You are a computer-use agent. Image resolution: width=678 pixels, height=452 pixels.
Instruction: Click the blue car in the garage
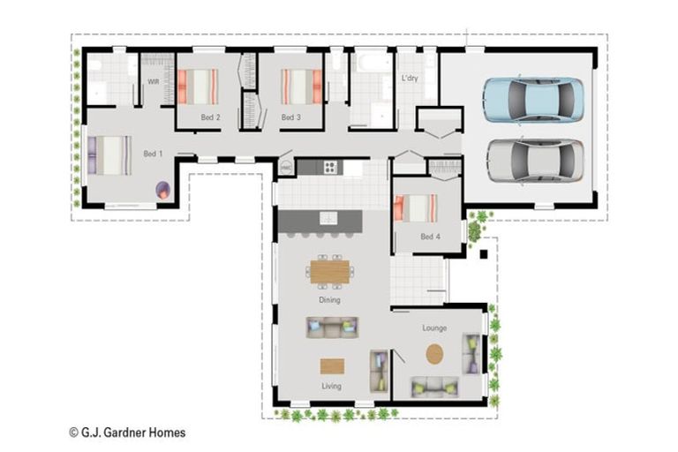click(x=533, y=101)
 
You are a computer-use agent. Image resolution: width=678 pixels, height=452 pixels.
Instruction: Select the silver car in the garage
click(x=536, y=162)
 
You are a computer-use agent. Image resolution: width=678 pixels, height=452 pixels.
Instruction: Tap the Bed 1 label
click(x=153, y=154)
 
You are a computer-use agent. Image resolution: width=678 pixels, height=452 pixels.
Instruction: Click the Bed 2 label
click(x=211, y=117)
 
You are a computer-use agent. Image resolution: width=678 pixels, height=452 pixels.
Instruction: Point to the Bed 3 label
click(x=291, y=117)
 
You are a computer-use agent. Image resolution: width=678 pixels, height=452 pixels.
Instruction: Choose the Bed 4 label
click(x=430, y=237)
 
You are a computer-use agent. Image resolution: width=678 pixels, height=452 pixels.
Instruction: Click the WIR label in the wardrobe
click(x=154, y=81)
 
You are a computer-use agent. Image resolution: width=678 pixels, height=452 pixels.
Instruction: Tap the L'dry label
click(x=410, y=79)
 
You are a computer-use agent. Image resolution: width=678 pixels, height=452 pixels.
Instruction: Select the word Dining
click(x=329, y=300)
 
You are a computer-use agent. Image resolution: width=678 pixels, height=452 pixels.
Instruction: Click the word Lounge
click(x=434, y=328)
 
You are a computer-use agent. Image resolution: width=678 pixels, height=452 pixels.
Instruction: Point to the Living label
click(x=331, y=386)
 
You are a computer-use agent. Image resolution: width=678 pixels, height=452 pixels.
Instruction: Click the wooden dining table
click(x=330, y=272)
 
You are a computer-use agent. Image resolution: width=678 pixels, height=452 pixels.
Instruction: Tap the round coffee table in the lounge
click(x=434, y=354)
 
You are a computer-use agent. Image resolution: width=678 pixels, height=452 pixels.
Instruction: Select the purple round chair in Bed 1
click(x=163, y=190)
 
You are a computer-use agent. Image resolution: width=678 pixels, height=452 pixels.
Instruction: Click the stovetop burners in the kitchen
click(x=330, y=167)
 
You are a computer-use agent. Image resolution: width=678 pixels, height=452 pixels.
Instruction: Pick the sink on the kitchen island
click(x=328, y=217)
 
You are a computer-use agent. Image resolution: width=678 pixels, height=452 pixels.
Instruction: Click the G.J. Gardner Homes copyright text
click(x=127, y=433)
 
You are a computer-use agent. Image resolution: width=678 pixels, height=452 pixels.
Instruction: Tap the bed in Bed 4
click(x=416, y=208)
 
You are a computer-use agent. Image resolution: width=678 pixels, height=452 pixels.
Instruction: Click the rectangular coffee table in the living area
click(x=332, y=365)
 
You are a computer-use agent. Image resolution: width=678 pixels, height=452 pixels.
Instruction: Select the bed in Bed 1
click(x=109, y=155)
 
